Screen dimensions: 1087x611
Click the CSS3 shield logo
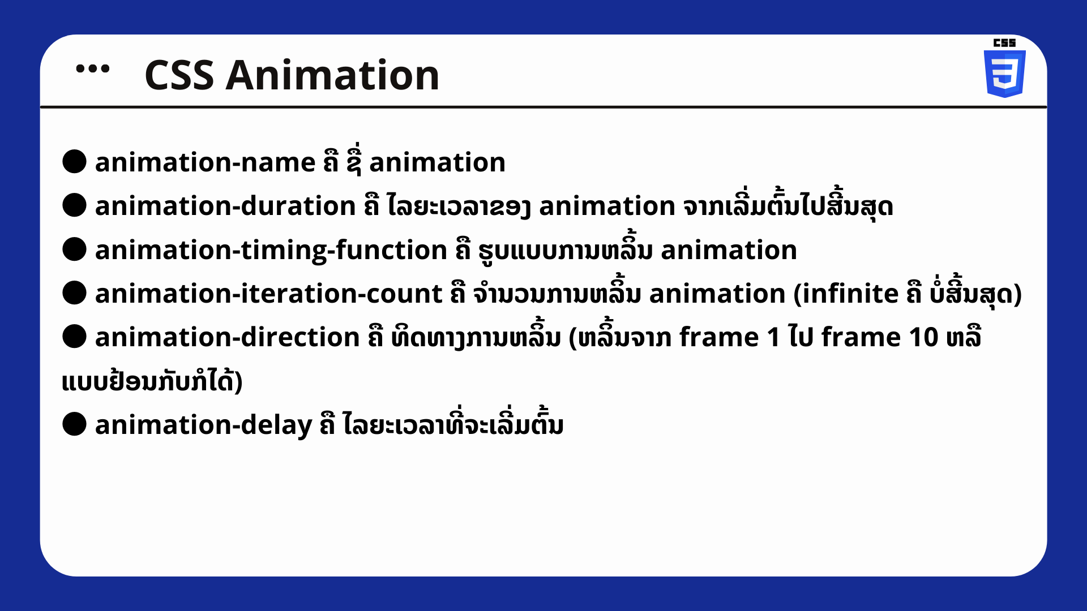1005,74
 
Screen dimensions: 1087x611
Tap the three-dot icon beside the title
93,69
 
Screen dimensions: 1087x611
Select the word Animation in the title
332,75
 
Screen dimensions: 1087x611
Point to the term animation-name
205,163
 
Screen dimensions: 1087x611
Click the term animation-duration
225,206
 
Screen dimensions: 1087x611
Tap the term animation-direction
228,338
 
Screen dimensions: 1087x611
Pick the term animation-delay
204,425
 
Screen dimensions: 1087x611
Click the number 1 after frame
774,338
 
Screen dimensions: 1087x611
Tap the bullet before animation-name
74,162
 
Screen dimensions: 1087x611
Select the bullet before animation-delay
74,424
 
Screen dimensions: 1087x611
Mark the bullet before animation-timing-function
74,249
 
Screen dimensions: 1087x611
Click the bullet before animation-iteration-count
74,293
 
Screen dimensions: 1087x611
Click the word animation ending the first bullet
437,163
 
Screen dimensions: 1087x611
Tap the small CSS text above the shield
1005,43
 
